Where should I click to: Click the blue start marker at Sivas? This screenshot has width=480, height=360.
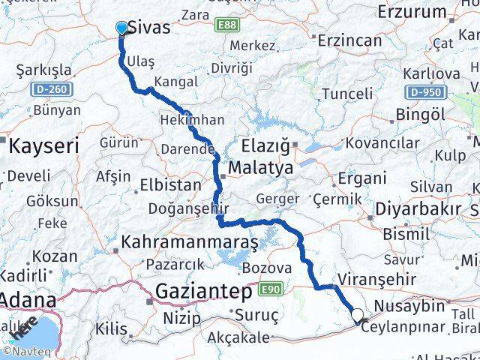(x=122, y=28)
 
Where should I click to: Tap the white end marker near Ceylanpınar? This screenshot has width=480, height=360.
(x=358, y=316)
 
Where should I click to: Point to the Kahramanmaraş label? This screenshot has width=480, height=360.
(x=190, y=243)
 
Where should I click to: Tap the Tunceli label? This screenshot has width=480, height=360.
(x=346, y=94)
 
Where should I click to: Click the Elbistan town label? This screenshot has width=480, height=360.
(x=170, y=184)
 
